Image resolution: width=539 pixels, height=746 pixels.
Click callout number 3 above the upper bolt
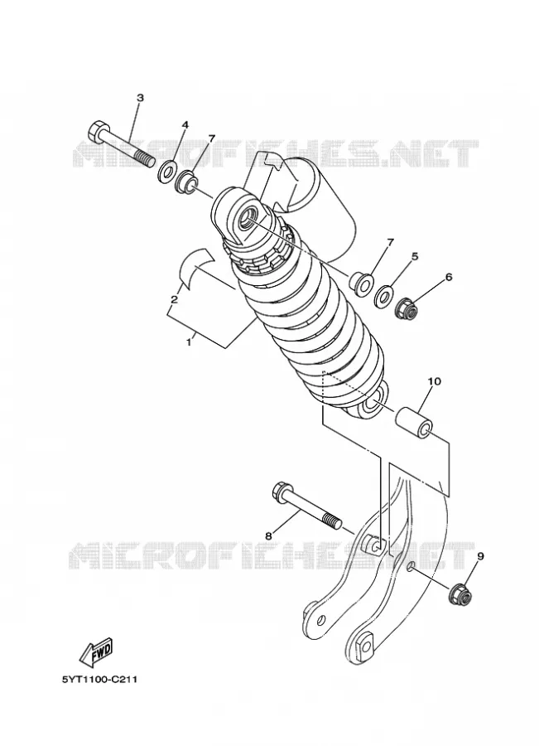click(140, 98)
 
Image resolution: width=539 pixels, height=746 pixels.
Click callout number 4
click(185, 124)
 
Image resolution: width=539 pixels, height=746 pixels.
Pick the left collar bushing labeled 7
click(185, 183)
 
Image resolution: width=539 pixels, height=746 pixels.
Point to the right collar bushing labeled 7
click(361, 283)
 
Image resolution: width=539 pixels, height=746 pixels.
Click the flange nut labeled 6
click(407, 309)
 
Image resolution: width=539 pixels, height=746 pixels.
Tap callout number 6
click(448, 277)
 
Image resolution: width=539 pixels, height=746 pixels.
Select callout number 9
click(480, 555)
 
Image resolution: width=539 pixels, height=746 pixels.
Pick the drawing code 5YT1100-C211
click(100, 680)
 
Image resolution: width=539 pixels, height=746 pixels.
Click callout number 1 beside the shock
click(188, 342)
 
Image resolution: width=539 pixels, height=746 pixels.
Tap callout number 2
click(174, 299)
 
